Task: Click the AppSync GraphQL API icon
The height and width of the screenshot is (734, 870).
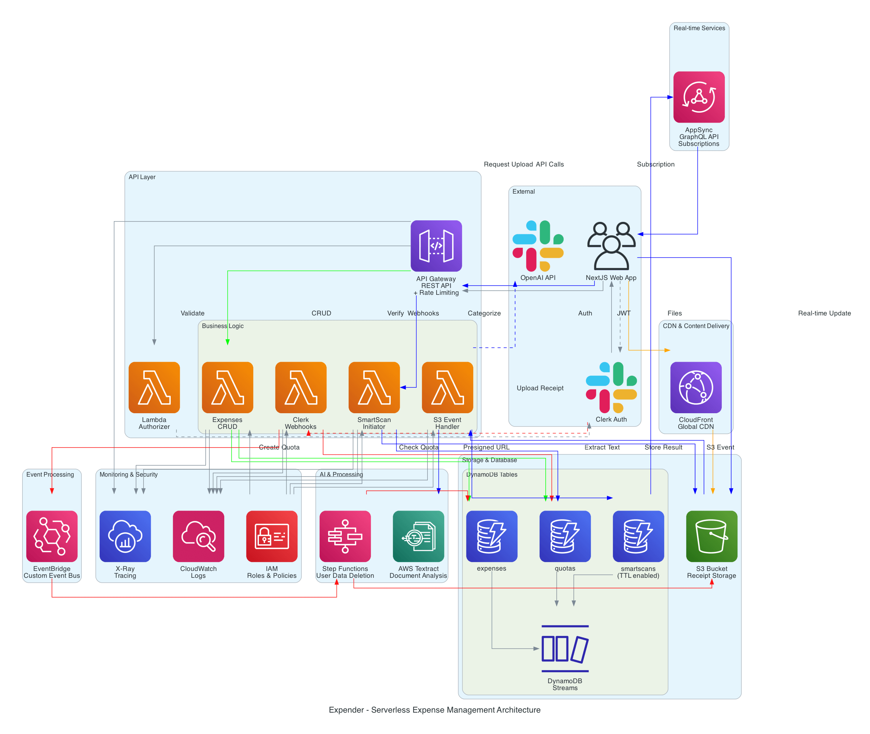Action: (699, 97)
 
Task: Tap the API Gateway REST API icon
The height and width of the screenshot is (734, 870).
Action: (436, 246)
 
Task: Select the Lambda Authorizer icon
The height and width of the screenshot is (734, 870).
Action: (154, 387)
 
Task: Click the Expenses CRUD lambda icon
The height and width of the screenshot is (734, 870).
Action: (227, 387)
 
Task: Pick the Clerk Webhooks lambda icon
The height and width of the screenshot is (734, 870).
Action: (301, 387)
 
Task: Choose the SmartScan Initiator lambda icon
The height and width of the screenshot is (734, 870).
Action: (374, 387)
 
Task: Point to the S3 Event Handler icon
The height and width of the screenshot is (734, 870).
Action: (447, 387)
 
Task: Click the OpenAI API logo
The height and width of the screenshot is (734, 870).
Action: (538, 246)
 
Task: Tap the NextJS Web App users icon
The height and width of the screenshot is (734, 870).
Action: (611, 246)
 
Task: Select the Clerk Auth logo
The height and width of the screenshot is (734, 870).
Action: (611, 387)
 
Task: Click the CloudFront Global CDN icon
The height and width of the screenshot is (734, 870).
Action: (696, 387)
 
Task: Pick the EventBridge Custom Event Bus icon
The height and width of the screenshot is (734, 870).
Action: (52, 536)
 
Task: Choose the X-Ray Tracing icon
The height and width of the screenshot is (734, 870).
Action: (125, 536)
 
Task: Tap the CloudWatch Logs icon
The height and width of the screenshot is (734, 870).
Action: (198, 536)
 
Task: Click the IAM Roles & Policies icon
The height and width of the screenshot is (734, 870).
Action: (272, 536)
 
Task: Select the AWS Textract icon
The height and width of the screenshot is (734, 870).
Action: (418, 536)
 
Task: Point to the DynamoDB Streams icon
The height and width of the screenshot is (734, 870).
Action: (564, 648)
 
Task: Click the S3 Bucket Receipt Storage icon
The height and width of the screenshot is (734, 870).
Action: (712, 536)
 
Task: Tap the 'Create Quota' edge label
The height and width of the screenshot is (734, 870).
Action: (279, 447)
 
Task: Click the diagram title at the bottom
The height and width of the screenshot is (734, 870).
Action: (434, 710)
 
